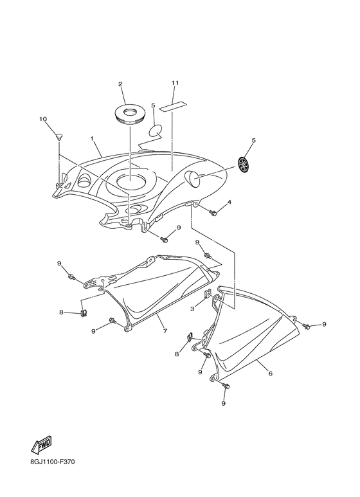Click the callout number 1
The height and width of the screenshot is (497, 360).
91,138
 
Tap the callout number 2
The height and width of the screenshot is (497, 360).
120,84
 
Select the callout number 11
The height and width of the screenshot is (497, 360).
175,83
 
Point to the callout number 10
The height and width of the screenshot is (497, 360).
43,119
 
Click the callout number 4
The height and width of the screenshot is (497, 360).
229,202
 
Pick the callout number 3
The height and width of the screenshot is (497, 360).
192,308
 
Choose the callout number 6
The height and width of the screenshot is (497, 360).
270,374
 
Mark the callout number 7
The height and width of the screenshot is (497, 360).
165,331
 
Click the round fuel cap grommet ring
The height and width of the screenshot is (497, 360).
130,114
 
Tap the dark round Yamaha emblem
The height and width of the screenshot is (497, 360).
245,165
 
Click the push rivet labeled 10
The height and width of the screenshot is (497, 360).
59,136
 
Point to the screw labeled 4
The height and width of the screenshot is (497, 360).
213,213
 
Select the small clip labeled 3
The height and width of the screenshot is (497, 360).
208,294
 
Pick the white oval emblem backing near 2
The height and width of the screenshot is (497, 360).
156,131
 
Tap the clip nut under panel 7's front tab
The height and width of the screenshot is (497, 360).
84,313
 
